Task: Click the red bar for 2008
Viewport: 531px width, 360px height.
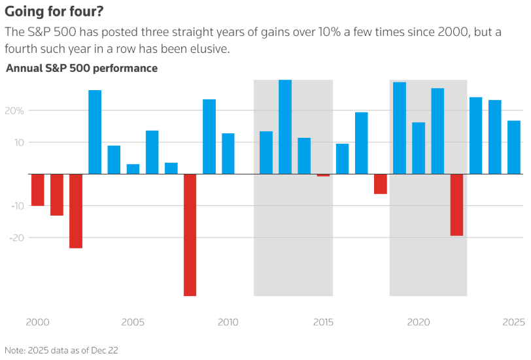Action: click(x=190, y=235)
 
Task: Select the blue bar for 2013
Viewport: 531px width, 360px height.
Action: click(x=285, y=127)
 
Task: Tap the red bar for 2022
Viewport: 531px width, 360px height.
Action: click(x=456, y=205)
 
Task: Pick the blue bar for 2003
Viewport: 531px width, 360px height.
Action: click(x=95, y=132)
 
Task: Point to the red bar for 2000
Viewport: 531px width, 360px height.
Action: click(x=38, y=189)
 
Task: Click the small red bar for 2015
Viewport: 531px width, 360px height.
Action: click(x=323, y=175)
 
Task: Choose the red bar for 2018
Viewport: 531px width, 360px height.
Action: click(x=381, y=184)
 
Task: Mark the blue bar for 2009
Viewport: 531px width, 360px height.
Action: click(x=209, y=137)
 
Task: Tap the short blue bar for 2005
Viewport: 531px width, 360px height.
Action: click(x=133, y=169)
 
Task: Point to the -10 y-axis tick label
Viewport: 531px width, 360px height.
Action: click(x=17, y=206)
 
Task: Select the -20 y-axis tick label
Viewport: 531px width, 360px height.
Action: click(x=17, y=237)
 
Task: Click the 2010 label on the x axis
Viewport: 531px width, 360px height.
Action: click(x=228, y=322)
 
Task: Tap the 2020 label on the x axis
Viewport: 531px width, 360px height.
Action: click(x=418, y=322)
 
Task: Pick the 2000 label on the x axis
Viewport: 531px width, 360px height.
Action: click(x=37, y=322)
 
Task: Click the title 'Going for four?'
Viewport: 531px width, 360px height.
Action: click(x=54, y=12)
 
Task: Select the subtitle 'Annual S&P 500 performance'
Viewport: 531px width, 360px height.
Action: click(x=82, y=68)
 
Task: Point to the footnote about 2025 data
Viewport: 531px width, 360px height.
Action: click(x=61, y=350)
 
